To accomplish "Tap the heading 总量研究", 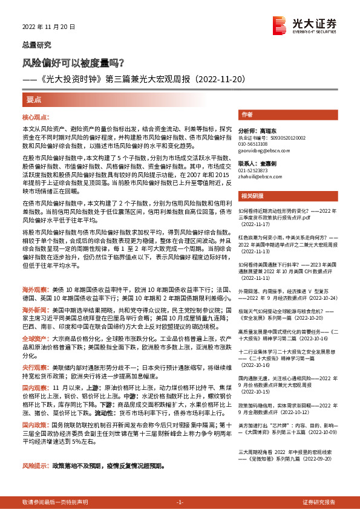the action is [x=37, y=45].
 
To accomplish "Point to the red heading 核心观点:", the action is [x=36, y=117].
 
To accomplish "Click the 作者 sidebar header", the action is [x=246, y=114].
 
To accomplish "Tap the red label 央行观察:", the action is [x=36, y=367].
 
